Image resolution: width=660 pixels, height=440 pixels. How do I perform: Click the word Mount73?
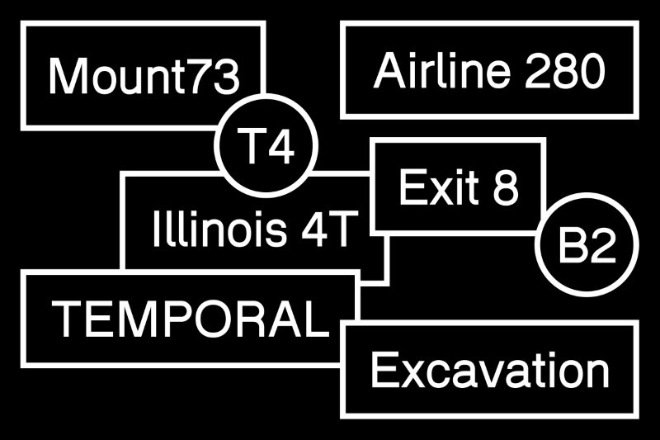144,76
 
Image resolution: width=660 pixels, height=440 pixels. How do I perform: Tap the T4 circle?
266,146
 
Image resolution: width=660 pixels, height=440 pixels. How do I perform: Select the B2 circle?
587,245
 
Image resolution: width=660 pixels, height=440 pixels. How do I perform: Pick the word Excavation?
490,369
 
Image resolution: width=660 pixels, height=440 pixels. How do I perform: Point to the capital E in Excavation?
382,369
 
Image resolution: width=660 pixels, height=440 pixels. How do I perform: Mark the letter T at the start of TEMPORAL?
65,318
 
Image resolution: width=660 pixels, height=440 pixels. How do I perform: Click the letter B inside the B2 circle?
573,245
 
